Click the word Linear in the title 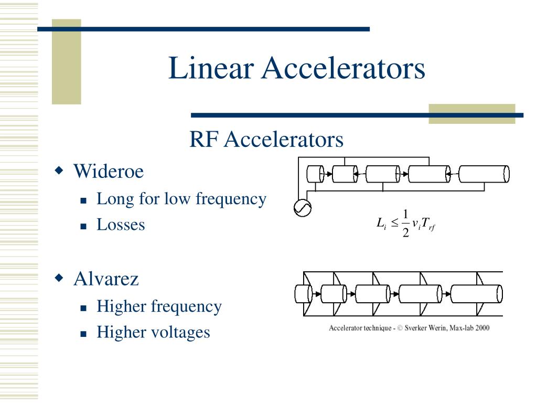tap(211, 68)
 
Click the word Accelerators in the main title tap(343, 68)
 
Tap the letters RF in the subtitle tap(203, 140)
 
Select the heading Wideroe tap(109, 171)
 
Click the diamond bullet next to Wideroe tap(59, 170)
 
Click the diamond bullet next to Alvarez tap(59, 277)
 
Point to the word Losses tap(121, 225)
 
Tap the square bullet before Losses tap(83, 226)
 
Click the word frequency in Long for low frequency tap(231, 199)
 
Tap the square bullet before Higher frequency tap(83, 308)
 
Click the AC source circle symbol tap(303, 208)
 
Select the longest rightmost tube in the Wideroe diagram tap(484, 174)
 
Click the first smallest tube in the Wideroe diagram tap(315, 174)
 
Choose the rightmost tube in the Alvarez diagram tap(476, 294)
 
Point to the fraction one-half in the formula tap(405, 224)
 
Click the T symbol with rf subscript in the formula tap(428, 224)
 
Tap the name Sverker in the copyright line tap(415, 328)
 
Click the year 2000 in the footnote tap(482, 328)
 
